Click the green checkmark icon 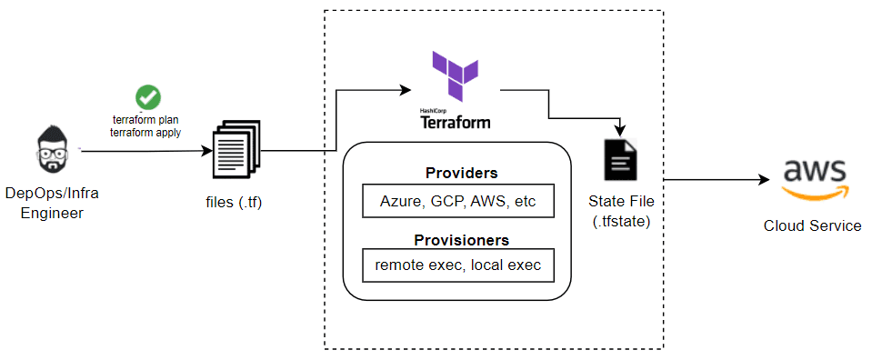click(x=147, y=96)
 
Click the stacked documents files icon click(x=236, y=149)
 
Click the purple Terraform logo click(x=454, y=75)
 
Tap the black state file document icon click(x=621, y=160)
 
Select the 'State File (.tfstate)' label click(x=621, y=210)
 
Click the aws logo click(x=814, y=175)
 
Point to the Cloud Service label click(x=812, y=225)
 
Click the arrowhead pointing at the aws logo click(x=762, y=180)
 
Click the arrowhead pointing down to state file click(x=621, y=129)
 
